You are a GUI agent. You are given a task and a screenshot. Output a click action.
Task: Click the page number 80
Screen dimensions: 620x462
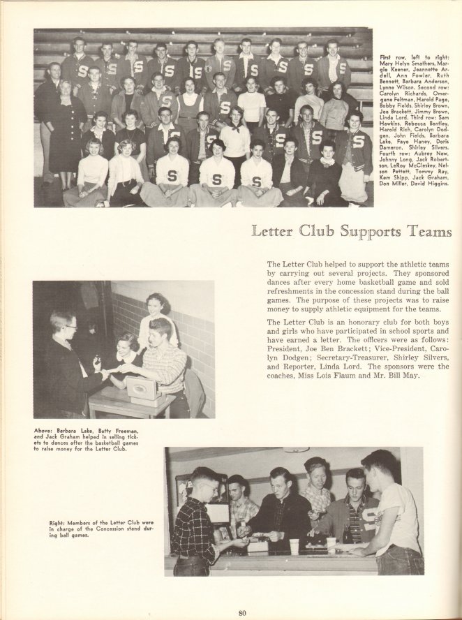coord(242,613)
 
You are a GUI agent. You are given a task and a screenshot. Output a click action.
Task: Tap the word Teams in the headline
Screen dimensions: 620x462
coord(432,231)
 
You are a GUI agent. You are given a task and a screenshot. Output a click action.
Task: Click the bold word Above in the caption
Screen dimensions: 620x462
coord(44,431)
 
